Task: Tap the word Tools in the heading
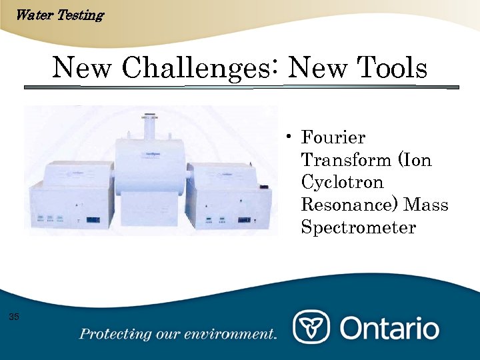click(392, 67)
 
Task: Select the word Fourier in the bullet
click(333, 138)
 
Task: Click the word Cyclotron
click(343, 183)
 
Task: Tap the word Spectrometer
click(359, 228)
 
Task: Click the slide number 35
click(14, 316)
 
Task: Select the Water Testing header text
click(59, 15)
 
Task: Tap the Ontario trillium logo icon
click(311, 327)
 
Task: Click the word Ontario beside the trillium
click(390, 328)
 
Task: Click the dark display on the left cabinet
click(93, 219)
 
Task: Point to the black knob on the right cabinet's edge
click(263, 188)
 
